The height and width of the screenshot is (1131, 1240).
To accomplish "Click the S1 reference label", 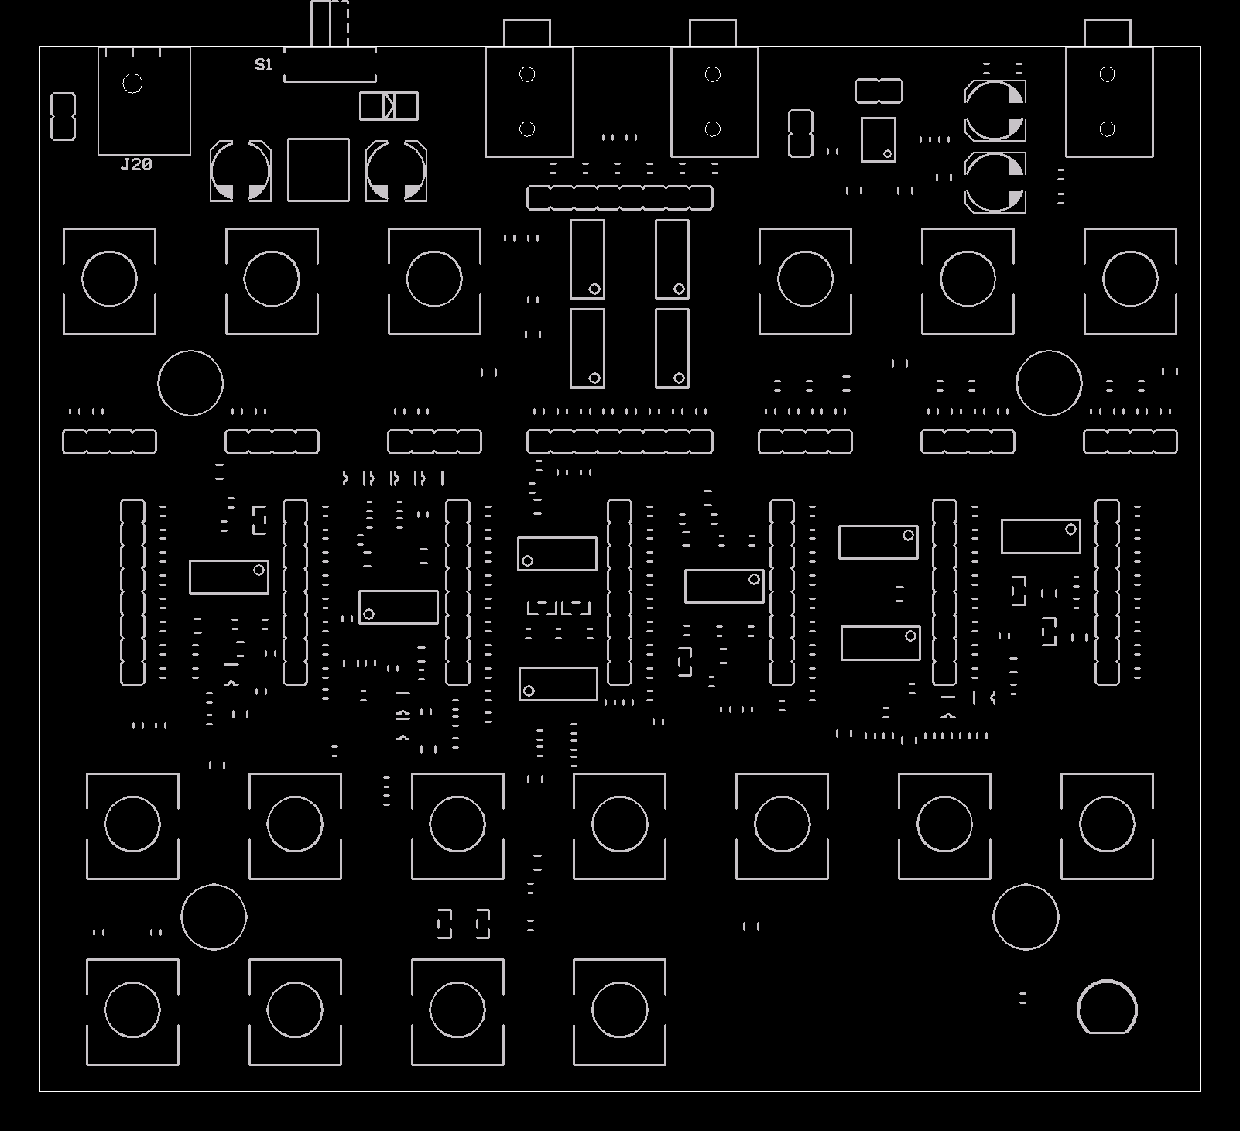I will coord(264,65).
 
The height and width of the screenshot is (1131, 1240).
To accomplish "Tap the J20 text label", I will coord(136,164).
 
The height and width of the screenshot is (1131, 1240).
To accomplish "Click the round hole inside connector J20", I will coord(132,84).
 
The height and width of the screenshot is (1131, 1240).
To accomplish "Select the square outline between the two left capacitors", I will coord(318,170).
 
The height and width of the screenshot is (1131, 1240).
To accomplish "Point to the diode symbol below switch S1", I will coord(389,106).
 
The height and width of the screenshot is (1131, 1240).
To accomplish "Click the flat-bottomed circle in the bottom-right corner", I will coord(1107,1007).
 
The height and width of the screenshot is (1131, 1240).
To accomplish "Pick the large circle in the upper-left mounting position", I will coord(190,382).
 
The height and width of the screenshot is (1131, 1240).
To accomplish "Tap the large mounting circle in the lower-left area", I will coord(214,917).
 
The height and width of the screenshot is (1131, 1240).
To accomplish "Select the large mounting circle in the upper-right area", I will coord(1049,382).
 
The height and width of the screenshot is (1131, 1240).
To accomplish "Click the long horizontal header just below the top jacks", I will coord(619,197).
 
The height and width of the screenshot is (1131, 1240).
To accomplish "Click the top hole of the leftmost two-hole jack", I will coord(527,74).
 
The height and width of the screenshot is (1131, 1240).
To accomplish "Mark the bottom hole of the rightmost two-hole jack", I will coord(1107,129).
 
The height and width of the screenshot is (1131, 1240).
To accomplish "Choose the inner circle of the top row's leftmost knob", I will coord(109,279).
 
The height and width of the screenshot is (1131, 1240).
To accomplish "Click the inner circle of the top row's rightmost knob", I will coord(1130,279).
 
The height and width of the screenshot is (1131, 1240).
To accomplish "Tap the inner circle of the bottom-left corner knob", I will coord(132,1009).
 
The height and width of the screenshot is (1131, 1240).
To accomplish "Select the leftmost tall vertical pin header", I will coord(132,592).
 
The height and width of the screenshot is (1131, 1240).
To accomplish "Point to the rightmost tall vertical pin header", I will coord(1107,592).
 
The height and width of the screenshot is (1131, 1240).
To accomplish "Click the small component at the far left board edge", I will coord(63,116).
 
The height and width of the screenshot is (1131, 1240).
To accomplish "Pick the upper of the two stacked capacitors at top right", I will coord(995,110).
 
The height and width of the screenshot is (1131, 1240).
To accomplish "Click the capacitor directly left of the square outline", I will coord(241,171).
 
